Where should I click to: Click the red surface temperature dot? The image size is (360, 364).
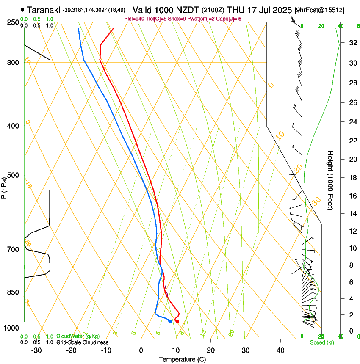click(177, 322)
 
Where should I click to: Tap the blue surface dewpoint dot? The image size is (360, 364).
click(170, 322)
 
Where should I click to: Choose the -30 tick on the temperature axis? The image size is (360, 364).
click(36, 350)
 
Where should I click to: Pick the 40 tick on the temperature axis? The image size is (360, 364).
click(280, 350)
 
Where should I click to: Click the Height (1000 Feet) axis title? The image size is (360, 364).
click(331, 180)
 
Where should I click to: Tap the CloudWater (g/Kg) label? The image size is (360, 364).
click(78, 336)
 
